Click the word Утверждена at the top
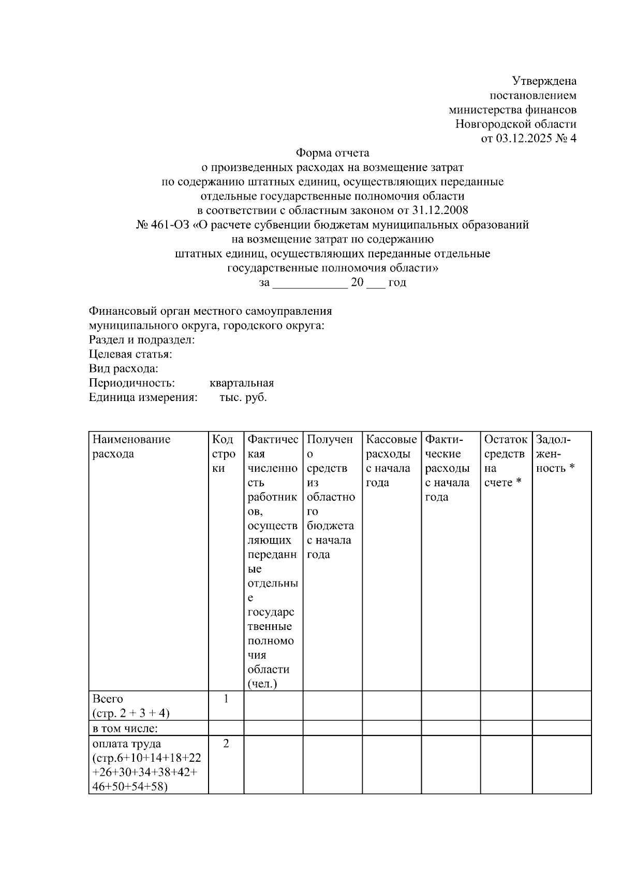coord(544,81)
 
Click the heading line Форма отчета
coord(332,153)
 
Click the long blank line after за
coord(310,283)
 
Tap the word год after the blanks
coord(397,283)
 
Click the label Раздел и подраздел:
coord(142,340)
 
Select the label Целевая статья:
coord(130,355)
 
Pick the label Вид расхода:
coord(124,369)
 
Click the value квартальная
coord(242,383)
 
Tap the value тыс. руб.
coord(243,398)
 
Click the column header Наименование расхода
coord(131,447)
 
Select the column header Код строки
coord(224,454)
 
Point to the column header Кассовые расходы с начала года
coord(391,461)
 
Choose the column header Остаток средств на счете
coord(506,461)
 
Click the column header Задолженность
coord(556,454)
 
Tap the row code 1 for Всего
coord(226,699)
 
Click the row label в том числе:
coord(125,729)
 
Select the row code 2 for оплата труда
coord(226,744)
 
